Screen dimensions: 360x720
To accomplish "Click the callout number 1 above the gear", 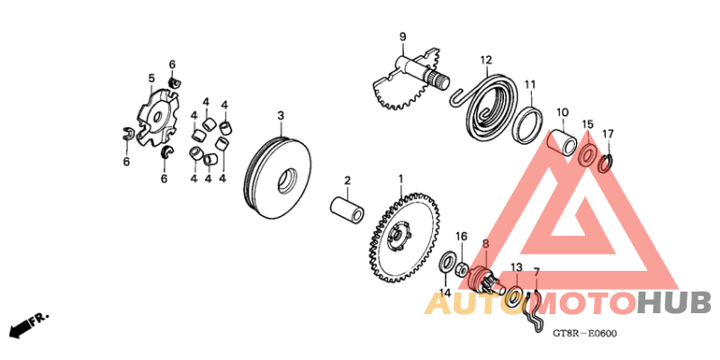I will [x=401, y=179].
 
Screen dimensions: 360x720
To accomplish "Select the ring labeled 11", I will [x=528, y=123].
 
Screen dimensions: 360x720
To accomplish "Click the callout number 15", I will [x=588, y=123].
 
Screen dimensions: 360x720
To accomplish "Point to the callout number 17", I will [x=608, y=134].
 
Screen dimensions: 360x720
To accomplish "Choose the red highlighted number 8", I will [x=485, y=244].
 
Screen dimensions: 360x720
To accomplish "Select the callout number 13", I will [x=516, y=267].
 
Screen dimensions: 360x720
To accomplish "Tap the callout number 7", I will [x=536, y=272].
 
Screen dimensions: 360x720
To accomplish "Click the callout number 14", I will [x=445, y=292].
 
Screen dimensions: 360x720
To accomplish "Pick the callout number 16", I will [x=461, y=236].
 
